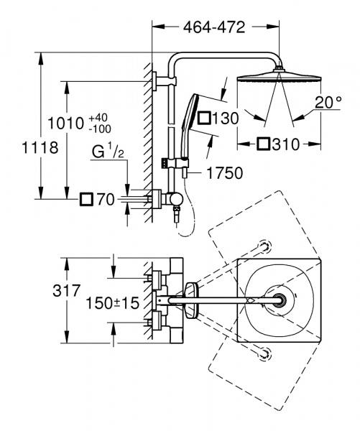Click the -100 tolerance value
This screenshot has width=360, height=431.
(99, 129)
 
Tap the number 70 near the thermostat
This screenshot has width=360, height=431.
(106, 199)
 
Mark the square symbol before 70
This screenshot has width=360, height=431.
(86, 199)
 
